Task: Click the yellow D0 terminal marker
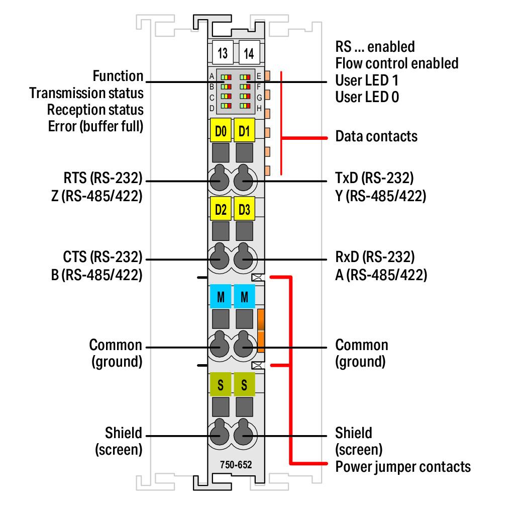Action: click(221, 130)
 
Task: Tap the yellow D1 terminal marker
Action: click(244, 130)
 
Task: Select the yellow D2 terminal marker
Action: click(221, 209)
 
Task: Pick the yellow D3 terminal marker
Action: click(244, 209)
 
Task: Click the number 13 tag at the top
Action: click(223, 53)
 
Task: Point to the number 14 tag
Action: click(249, 53)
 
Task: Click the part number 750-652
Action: click(236, 465)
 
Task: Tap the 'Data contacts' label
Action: click(376, 136)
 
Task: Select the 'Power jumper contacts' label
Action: click(403, 467)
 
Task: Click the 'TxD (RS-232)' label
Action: click(374, 178)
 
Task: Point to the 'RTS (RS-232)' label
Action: click(103, 178)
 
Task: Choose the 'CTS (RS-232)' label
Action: click(102, 257)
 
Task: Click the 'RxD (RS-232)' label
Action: click(375, 257)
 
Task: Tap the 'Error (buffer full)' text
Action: click(95, 126)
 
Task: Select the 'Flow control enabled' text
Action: click(397, 63)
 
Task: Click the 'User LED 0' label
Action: click(367, 97)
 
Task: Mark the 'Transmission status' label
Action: click(86, 93)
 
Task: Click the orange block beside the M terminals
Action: click(261, 330)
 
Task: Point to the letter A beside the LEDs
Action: click(212, 76)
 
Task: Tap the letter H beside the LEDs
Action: click(259, 108)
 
